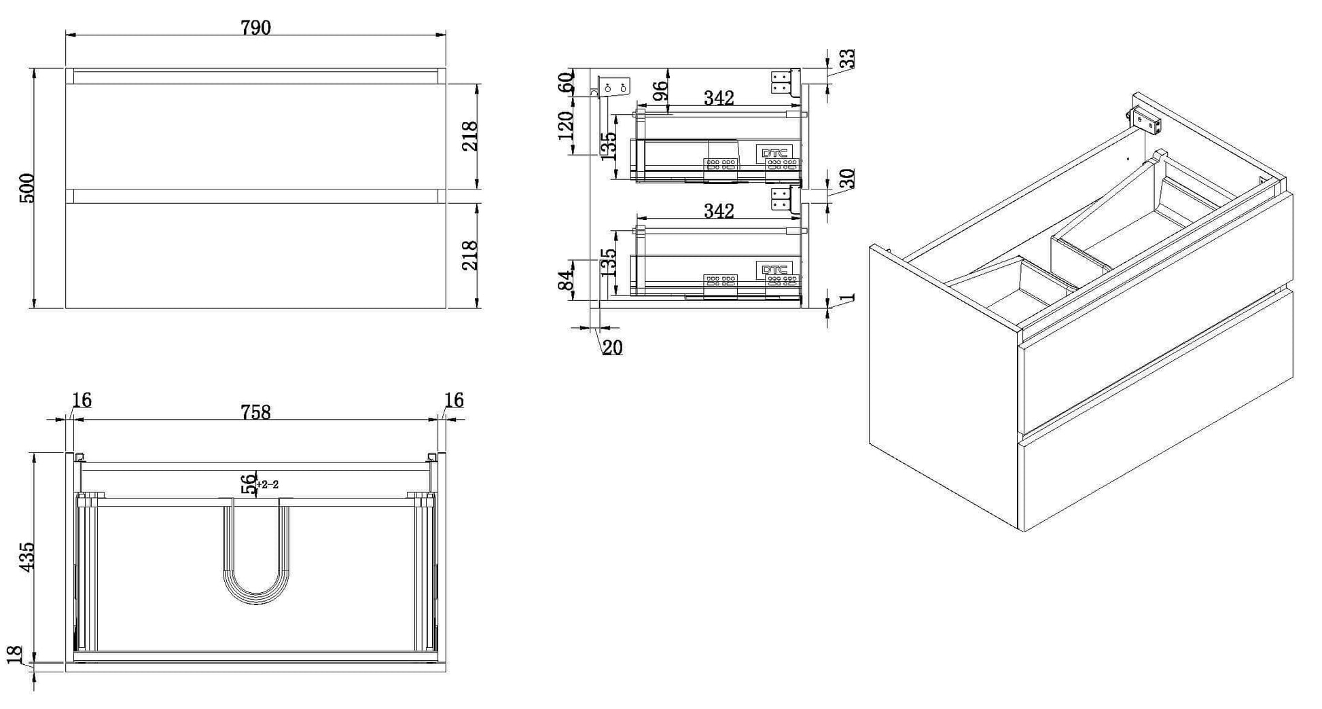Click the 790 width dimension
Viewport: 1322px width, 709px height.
(255, 27)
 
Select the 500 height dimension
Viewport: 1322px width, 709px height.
(26, 188)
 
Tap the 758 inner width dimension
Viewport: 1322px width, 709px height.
(255, 412)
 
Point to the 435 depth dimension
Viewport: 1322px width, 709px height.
(26, 556)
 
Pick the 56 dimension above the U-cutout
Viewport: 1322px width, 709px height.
(249, 484)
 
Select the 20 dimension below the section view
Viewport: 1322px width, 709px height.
(612, 348)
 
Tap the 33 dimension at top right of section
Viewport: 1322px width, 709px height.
(846, 59)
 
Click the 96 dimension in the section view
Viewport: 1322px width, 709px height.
(660, 92)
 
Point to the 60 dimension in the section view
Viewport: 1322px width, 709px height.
(565, 83)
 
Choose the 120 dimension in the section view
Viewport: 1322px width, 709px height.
(565, 126)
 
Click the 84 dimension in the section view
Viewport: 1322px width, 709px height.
(565, 280)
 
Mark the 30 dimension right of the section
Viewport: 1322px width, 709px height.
(846, 179)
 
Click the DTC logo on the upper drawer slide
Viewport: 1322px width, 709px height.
(774, 153)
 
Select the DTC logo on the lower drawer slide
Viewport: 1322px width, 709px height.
(774, 270)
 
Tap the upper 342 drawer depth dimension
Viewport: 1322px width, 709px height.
(719, 98)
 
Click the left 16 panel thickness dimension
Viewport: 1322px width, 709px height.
(82, 401)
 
